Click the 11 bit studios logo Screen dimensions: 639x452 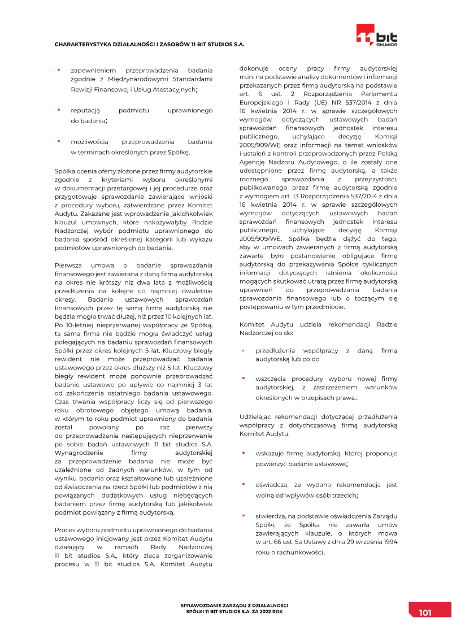coord(376,35)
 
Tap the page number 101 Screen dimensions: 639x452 coord(425,612)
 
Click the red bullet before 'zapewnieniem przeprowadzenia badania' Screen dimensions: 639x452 coord(58,70)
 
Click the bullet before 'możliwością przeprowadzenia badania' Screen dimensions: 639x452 coord(58,141)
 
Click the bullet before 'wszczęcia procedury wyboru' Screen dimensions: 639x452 coord(243,378)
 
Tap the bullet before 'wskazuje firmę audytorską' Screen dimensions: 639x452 coord(243,453)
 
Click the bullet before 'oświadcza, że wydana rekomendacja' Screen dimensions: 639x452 coord(243,484)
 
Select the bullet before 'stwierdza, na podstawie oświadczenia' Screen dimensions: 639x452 coord(243,515)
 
